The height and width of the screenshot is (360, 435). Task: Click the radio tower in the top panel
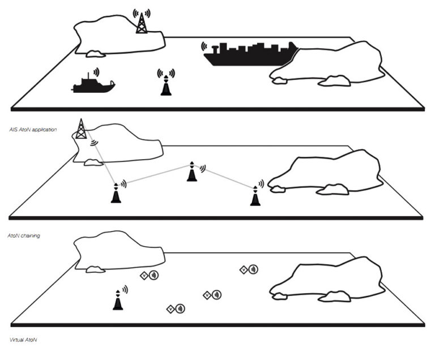click(x=142, y=23)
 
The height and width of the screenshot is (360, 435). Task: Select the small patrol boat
click(x=93, y=84)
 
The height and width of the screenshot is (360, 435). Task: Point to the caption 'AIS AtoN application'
click(x=33, y=130)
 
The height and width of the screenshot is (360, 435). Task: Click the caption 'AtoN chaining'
click(x=24, y=235)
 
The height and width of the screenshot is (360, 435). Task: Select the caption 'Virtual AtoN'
click(x=23, y=340)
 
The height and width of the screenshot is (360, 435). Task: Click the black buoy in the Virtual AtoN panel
click(x=118, y=300)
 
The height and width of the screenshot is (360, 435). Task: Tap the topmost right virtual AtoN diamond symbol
click(x=244, y=269)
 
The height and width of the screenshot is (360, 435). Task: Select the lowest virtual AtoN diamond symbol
click(x=170, y=308)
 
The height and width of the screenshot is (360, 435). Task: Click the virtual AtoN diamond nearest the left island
click(x=144, y=276)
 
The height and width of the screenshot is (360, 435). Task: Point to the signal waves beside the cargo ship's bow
click(x=204, y=46)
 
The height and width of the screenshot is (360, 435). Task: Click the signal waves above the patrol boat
click(x=96, y=72)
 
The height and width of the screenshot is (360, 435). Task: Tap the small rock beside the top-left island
click(x=95, y=54)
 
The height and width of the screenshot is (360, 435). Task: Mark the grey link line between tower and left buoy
click(x=100, y=157)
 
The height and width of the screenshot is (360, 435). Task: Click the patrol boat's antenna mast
click(x=88, y=76)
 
